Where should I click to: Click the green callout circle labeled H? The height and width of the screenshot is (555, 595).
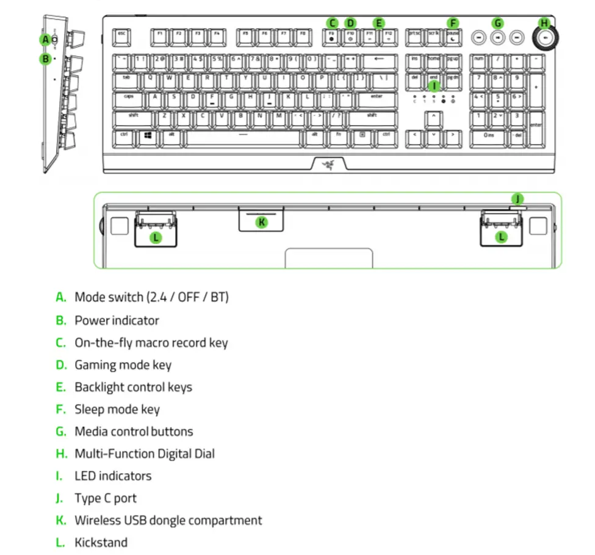(x=544, y=24)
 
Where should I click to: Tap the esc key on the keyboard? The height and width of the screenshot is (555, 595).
(x=121, y=36)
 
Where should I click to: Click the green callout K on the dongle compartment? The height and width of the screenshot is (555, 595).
(x=262, y=222)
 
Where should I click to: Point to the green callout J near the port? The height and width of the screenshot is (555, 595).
(x=517, y=199)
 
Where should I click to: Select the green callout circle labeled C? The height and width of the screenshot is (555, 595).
(x=331, y=24)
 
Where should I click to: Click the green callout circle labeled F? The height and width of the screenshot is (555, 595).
(x=453, y=24)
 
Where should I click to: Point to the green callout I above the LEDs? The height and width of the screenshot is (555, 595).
(x=434, y=86)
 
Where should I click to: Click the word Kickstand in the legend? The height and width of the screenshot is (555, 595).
(x=101, y=542)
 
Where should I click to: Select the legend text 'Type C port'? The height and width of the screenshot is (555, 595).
(x=106, y=498)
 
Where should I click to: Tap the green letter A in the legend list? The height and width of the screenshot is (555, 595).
(x=60, y=297)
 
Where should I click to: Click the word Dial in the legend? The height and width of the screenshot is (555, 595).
(x=203, y=453)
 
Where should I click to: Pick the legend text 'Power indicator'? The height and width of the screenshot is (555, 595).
(x=117, y=320)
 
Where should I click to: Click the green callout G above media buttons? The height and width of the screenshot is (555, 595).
(x=499, y=24)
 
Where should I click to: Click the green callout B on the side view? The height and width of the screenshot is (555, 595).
(x=45, y=59)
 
